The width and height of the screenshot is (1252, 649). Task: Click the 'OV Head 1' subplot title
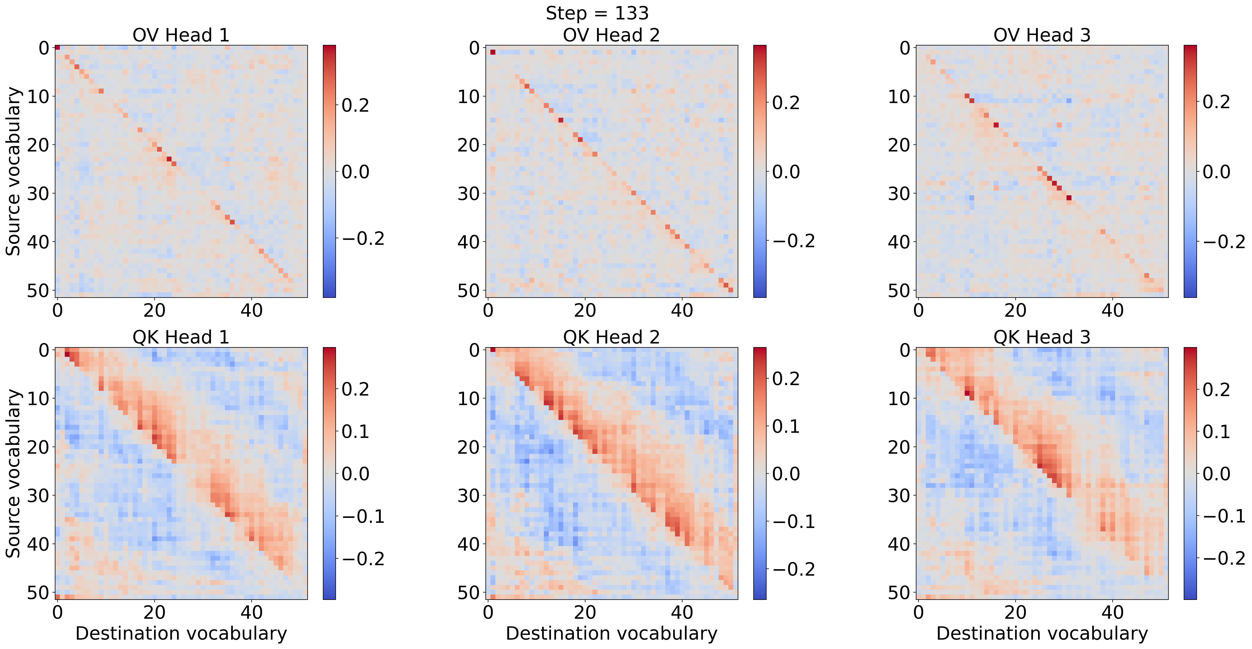point(181,35)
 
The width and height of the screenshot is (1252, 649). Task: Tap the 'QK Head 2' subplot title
point(612,337)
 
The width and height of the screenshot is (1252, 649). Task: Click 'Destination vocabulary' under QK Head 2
point(612,633)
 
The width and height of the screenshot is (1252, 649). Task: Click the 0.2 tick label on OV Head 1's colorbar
point(355,105)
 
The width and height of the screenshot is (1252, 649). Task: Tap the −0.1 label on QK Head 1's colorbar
point(363,516)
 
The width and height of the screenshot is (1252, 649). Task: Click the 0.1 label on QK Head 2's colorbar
point(786,426)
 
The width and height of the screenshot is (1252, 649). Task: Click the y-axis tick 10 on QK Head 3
point(899,398)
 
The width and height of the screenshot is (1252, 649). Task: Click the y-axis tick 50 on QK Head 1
point(38,593)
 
